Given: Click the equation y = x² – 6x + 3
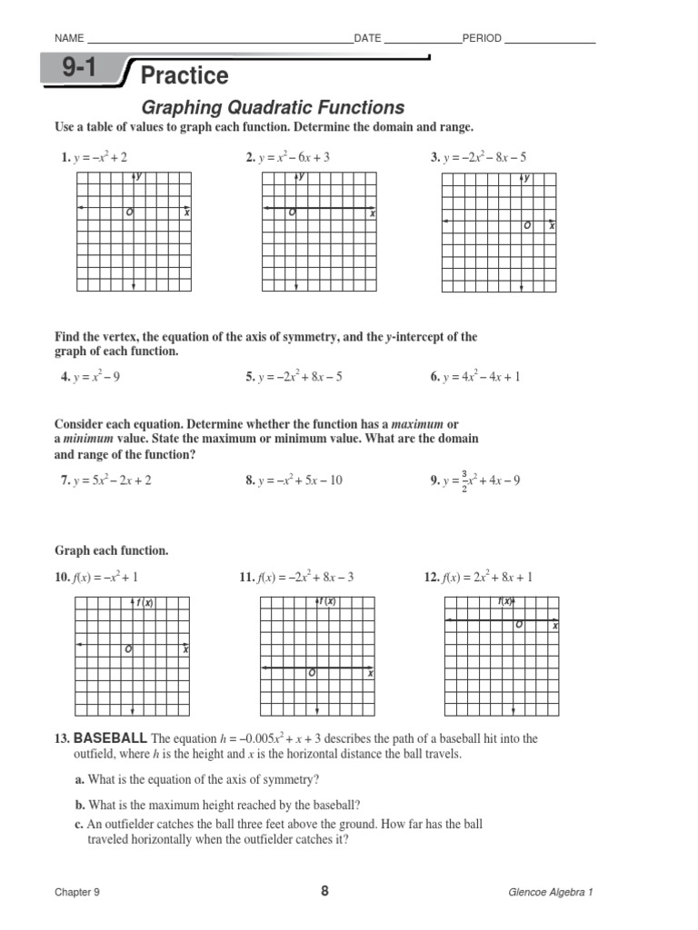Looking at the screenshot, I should (x=294, y=157).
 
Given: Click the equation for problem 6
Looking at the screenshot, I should (x=481, y=377).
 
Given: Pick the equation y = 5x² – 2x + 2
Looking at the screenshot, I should (x=112, y=480).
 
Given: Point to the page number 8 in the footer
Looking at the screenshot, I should (x=324, y=891).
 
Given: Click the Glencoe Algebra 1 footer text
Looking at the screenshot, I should (x=550, y=892).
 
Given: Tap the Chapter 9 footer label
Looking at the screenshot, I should (x=77, y=892).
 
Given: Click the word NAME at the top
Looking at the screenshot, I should (x=70, y=38).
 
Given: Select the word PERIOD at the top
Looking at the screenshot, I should (x=482, y=38).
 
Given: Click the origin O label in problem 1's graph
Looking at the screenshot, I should (x=129, y=213).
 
